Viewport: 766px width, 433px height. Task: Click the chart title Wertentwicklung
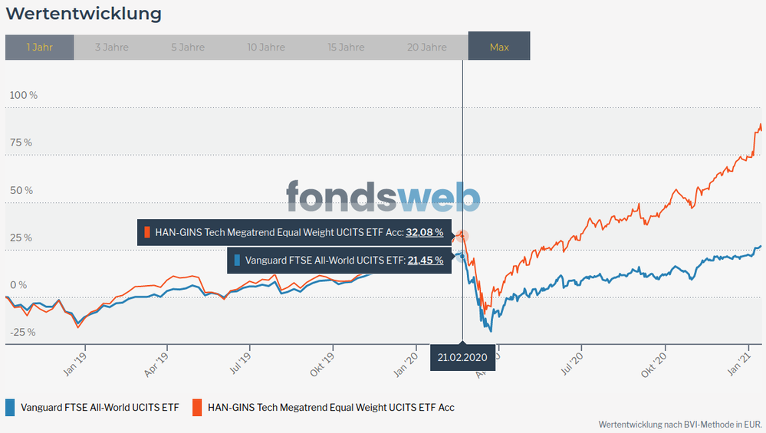pyautogui.click(x=84, y=14)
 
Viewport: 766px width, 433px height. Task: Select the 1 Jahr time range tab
pyautogui.click(x=39, y=47)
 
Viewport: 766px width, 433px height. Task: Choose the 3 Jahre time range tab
pyautogui.click(x=112, y=47)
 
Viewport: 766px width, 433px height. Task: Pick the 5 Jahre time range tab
pyautogui.click(x=188, y=47)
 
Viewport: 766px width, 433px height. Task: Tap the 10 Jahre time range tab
pyautogui.click(x=267, y=47)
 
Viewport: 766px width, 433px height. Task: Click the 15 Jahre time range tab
pyautogui.click(x=346, y=47)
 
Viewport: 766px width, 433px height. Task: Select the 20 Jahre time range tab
pyautogui.click(x=426, y=47)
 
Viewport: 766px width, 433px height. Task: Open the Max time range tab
pyautogui.click(x=499, y=47)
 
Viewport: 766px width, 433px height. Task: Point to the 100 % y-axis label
pyautogui.click(x=23, y=95)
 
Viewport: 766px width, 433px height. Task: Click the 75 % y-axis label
pyautogui.click(x=21, y=143)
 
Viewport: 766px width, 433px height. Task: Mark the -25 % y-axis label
pyautogui.click(x=22, y=332)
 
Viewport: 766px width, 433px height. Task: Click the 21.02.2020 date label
pyautogui.click(x=462, y=358)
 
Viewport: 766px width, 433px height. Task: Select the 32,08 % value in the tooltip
pyautogui.click(x=425, y=232)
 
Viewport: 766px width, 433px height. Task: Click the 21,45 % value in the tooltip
pyautogui.click(x=425, y=261)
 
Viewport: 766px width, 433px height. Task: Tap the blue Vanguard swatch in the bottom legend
pyautogui.click(x=10, y=407)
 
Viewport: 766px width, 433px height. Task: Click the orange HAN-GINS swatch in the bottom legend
pyautogui.click(x=197, y=407)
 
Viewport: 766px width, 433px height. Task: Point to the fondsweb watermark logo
pyautogui.click(x=383, y=197)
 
